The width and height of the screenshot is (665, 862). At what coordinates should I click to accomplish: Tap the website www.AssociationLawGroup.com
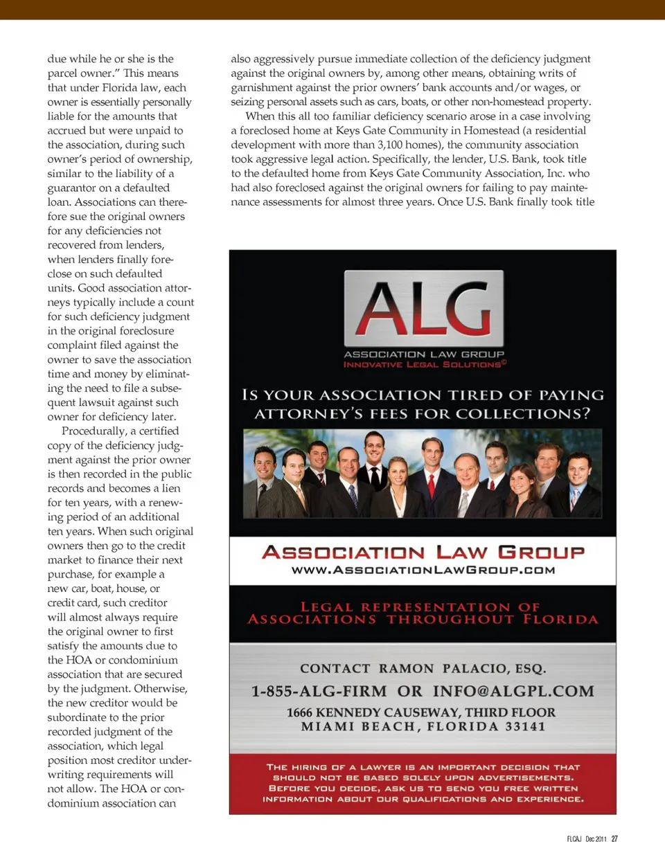(x=423, y=571)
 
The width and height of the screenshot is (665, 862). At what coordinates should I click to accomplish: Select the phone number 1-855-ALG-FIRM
(x=319, y=691)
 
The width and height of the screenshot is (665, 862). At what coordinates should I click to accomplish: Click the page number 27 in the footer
(x=614, y=839)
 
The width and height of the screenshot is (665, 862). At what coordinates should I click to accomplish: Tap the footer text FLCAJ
(x=574, y=839)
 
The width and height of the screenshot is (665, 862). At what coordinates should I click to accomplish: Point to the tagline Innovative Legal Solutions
(x=424, y=364)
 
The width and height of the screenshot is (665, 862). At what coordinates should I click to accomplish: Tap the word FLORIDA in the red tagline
(x=560, y=619)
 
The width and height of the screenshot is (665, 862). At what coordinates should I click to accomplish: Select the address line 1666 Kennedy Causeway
(x=420, y=712)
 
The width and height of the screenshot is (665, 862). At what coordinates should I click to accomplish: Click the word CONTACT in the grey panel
(x=335, y=669)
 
